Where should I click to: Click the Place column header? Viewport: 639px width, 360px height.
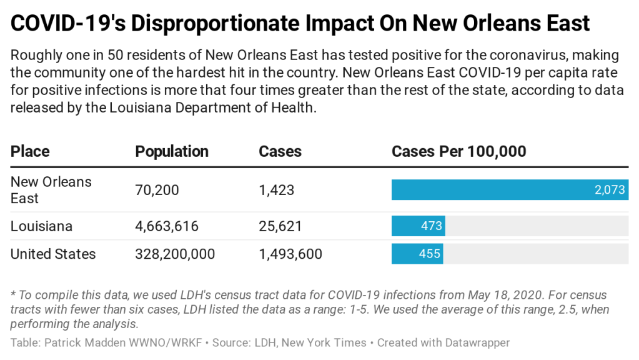(30, 152)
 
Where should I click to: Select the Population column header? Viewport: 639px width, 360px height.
(172, 152)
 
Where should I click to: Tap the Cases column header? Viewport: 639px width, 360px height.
(280, 152)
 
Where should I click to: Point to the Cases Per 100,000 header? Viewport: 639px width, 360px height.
(458, 152)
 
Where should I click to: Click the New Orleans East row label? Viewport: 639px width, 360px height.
(51, 190)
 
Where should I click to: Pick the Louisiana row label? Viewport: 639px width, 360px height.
(41, 226)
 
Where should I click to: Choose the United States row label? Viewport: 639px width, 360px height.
(53, 254)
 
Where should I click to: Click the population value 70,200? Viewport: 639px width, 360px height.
(157, 190)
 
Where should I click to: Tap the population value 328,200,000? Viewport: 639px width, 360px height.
(175, 254)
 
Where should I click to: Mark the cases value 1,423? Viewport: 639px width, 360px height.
(276, 190)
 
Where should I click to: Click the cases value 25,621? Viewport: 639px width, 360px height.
(280, 226)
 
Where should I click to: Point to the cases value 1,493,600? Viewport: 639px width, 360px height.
(290, 254)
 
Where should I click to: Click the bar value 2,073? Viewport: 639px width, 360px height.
(610, 190)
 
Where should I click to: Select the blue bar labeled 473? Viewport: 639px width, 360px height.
(418, 226)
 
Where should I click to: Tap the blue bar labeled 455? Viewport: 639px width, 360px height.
(417, 254)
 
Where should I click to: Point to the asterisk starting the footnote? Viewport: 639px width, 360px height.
(13, 294)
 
